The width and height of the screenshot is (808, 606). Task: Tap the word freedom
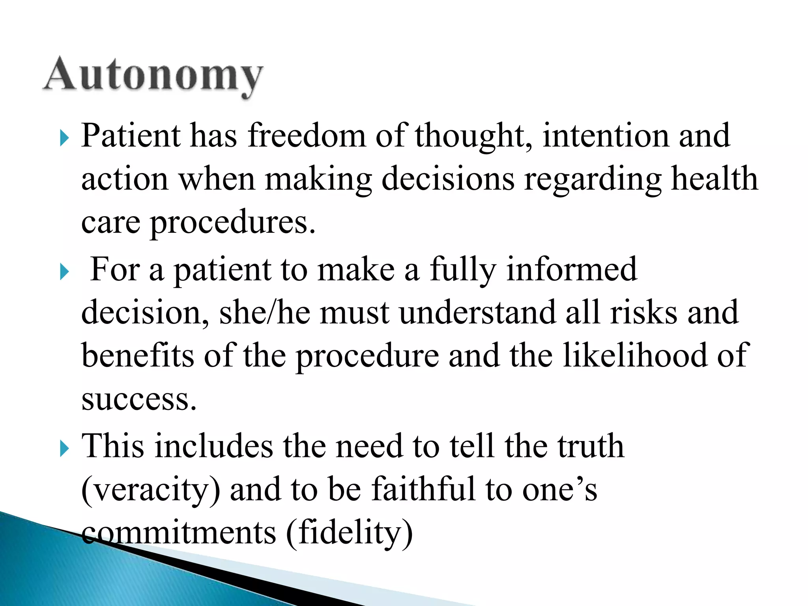307,136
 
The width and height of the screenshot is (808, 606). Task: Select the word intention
606,136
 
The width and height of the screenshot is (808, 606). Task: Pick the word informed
572,269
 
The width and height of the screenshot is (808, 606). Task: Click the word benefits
138,355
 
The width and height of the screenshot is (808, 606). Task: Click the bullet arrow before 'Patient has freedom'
65,138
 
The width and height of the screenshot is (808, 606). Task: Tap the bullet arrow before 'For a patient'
65,272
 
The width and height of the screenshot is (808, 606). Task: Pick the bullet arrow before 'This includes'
65,449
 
